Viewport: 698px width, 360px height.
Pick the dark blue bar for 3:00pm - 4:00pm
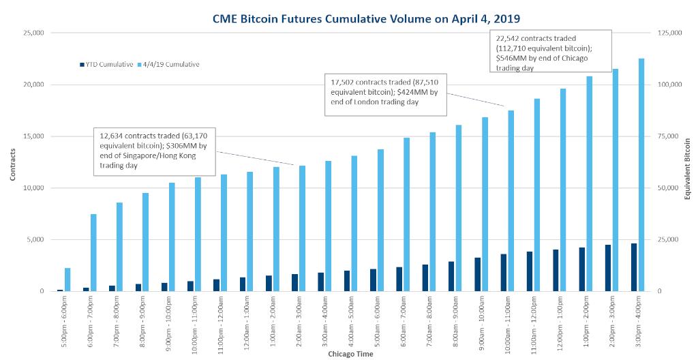click(x=633, y=267)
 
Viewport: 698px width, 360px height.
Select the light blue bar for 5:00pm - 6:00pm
click(x=67, y=280)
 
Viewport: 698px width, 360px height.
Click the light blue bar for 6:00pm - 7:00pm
click(x=93, y=252)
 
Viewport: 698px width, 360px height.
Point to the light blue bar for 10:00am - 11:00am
click(x=511, y=200)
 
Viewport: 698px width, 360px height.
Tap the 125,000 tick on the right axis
click(x=668, y=33)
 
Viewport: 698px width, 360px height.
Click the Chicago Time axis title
click(x=350, y=354)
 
